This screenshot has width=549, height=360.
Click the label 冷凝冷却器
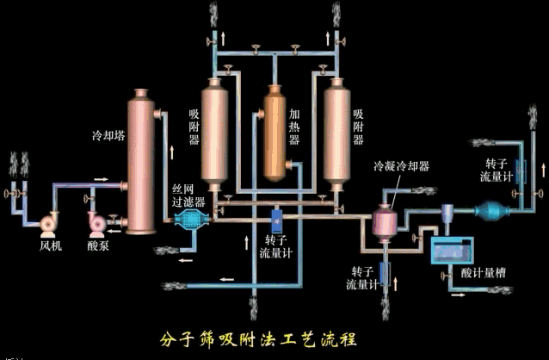click(x=401, y=164)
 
